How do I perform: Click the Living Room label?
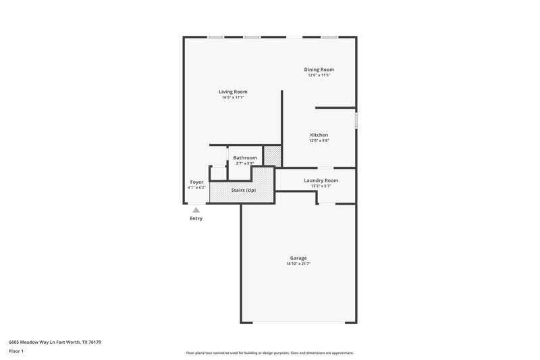(233, 92)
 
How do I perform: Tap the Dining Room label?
(319, 70)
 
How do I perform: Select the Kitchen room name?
(319, 135)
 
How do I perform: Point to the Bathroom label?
(245, 157)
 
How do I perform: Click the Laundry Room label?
(321, 180)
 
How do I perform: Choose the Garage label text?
(298, 258)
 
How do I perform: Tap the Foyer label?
(196, 182)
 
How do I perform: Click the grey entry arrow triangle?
(196, 210)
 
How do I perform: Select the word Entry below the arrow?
(196, 218)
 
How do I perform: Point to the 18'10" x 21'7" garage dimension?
(298, 264)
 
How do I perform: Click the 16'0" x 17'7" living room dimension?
(233, 98)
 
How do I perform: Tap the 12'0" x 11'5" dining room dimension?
(319, 75)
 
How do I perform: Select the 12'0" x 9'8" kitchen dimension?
(319, 140)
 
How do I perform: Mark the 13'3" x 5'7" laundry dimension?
(321, 186)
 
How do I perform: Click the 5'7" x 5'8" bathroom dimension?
(245, 163)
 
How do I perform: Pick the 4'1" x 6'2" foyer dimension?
(196, 188)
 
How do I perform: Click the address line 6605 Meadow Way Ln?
(55, 342)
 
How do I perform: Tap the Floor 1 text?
(16, 352)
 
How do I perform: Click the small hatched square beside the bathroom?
(272, 156)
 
